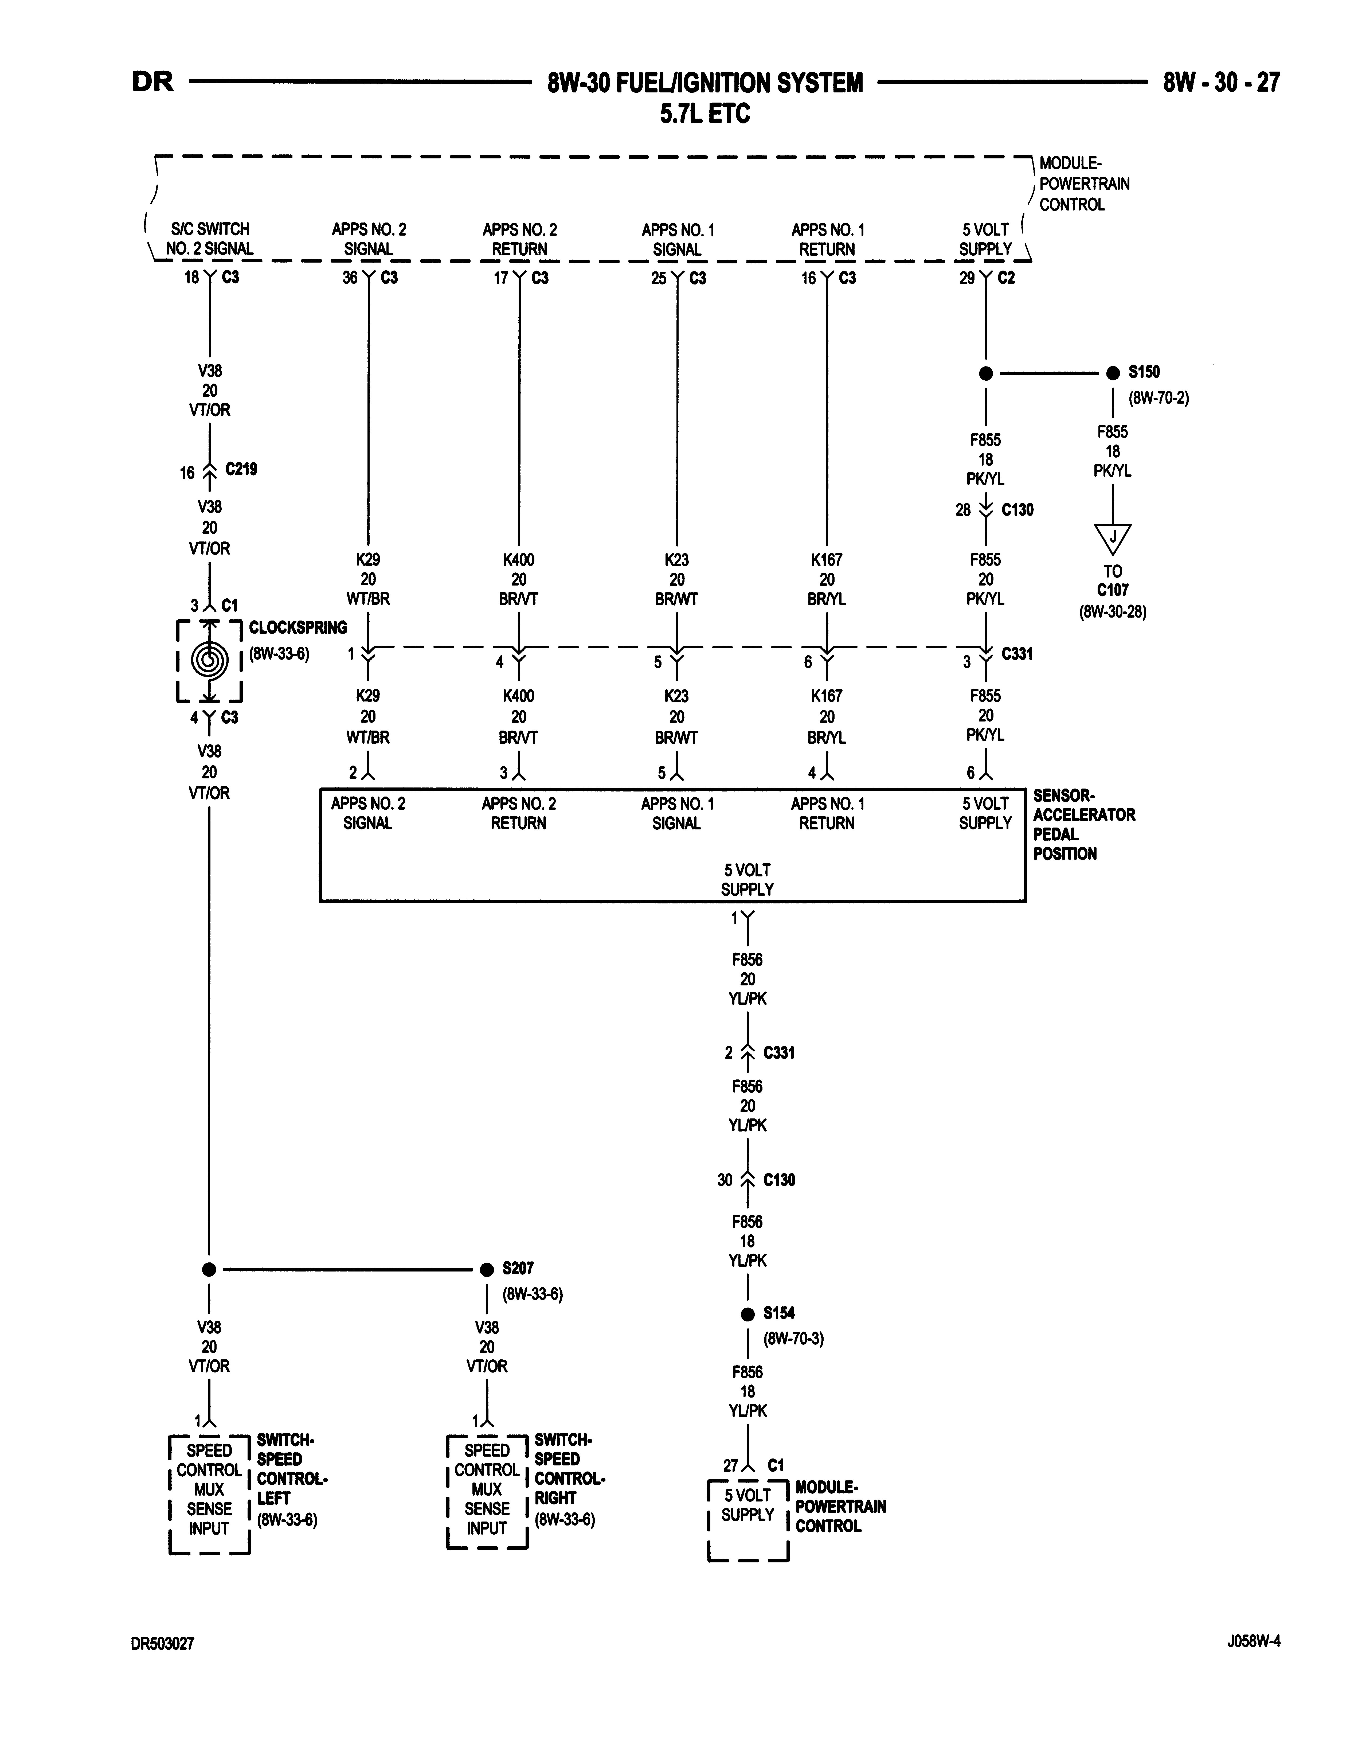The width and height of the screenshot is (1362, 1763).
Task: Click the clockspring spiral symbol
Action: (209, 660)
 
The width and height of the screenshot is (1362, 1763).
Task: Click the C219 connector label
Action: (241, 469)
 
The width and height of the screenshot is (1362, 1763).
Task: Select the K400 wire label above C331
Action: (519, 559)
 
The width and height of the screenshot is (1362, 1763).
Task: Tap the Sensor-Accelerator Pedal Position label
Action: (1084, 824)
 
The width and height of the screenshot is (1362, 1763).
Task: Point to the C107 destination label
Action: (1113, 590)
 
